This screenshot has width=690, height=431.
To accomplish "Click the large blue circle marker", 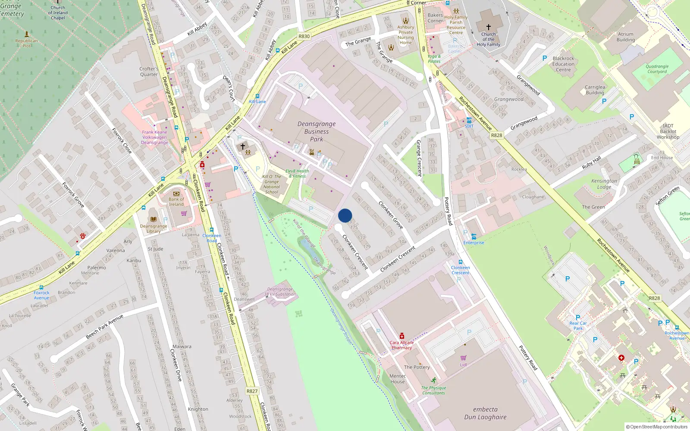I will (345, 215).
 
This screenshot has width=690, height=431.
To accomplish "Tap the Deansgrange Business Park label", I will (317, 131).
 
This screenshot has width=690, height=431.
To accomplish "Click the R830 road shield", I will (304, 36).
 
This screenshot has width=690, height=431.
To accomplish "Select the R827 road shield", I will (252, 391).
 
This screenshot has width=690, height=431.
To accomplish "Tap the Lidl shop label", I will (463, 365).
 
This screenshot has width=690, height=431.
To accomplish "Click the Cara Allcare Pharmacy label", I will (401, 345).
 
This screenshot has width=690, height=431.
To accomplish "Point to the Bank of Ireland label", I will (176, 202).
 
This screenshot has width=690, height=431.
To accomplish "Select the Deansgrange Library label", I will (154, 228).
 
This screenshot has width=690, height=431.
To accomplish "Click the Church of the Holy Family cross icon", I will (488, 27).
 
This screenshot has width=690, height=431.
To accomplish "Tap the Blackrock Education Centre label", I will (563, 64).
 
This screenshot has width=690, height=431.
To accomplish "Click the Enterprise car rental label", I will (474, 243).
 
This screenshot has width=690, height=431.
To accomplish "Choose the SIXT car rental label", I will (469, 126).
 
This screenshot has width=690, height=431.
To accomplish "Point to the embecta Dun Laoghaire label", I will (485, 413).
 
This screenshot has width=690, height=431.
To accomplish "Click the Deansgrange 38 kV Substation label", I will (280, 292).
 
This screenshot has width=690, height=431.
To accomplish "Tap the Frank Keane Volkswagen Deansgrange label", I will (154, 137).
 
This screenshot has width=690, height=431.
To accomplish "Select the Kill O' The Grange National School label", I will (272, 184).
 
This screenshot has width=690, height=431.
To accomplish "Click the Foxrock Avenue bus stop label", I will (41, 295).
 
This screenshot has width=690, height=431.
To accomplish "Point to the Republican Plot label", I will (26, 43).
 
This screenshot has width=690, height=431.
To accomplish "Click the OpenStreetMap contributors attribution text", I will (656, 427).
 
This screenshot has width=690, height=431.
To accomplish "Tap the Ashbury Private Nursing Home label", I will (405, 34).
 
